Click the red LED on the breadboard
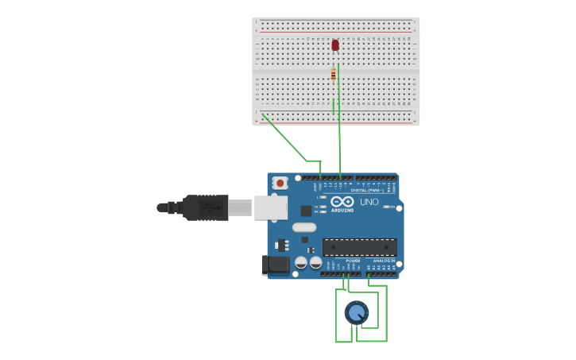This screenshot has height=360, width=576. [335, 45]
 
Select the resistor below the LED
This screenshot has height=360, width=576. [334, 75]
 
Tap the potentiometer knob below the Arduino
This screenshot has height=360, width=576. [357, 312]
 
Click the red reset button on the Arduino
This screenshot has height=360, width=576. [280, 183]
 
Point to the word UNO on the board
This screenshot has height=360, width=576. [369, 202]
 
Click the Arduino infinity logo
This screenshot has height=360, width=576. [342, 202]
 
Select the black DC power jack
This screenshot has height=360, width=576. [275, 265]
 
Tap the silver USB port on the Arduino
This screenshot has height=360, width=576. [270, 207]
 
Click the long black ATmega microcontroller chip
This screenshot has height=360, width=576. [359, 247]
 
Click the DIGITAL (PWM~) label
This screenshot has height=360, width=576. [367, 191]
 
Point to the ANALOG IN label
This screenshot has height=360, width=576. [385, 260]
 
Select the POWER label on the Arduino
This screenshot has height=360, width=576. [353, 260]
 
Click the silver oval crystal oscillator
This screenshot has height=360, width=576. [304, 227]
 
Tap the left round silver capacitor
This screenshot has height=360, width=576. [301, 262]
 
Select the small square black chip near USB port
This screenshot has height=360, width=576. [306, 211]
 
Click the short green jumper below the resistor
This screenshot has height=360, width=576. [334, 105]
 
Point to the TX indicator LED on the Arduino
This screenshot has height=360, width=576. [320, 206]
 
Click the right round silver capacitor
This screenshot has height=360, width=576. [315, 262]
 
